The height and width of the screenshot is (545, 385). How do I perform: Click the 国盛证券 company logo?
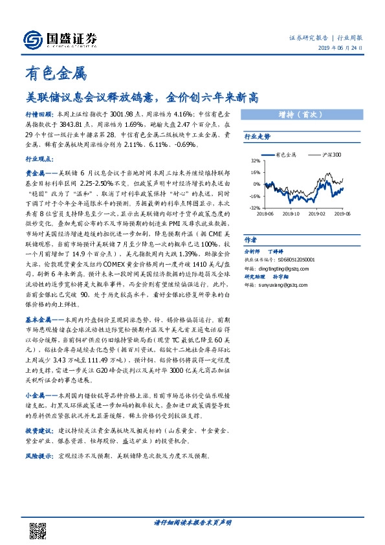pos(62,38)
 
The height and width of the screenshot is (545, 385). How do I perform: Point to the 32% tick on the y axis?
pos(255,161)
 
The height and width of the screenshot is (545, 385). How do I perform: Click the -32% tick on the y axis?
pos(254,208)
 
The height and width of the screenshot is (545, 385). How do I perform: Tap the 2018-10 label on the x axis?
pos(292,213)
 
